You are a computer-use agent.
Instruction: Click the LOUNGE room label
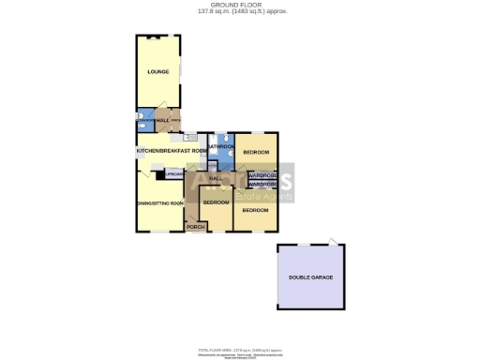point(157,71)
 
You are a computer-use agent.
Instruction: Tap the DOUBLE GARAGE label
point(310,277)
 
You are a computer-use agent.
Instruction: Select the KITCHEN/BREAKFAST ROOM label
point(172,151)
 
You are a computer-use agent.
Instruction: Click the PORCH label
point(195,227)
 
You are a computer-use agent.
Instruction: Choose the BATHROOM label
point(221,146)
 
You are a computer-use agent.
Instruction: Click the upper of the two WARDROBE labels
point(262,175)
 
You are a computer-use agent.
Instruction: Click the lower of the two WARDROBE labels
point(262,184)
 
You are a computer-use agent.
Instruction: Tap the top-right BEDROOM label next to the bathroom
point(256,152)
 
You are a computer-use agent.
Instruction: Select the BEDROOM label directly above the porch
point(217,202)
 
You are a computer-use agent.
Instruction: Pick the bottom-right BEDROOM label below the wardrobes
point(255,210)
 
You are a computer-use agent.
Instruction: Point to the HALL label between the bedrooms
point(214,178)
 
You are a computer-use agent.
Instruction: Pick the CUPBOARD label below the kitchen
point(173,174)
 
